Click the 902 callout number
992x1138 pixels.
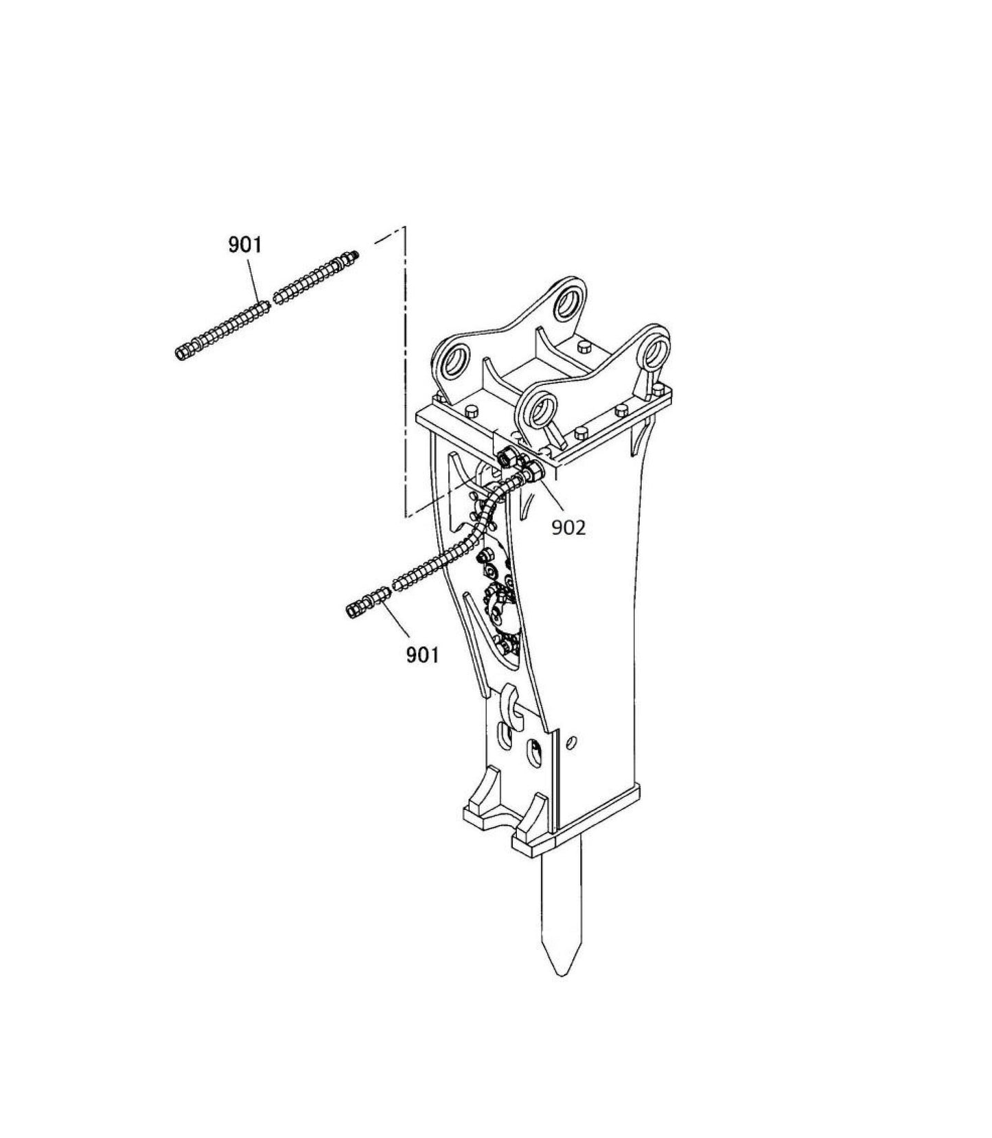pos(569,527)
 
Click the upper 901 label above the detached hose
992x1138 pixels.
pos(245,244)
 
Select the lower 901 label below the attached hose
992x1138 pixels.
pos(422,655)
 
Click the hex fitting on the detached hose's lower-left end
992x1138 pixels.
pos(183,353)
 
